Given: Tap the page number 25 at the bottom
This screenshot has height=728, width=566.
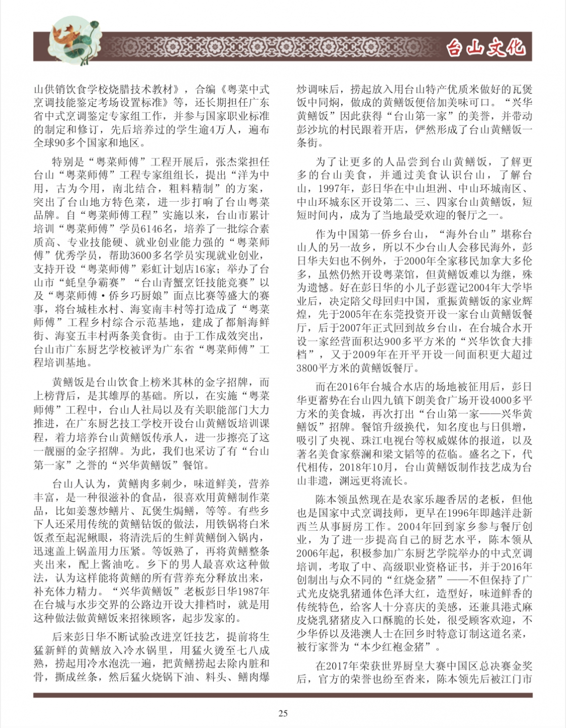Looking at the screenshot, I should click(283, 713).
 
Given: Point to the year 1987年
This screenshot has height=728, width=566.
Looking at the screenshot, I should click(251, 591).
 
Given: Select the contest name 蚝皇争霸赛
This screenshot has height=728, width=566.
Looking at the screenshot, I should click(98, 282).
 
